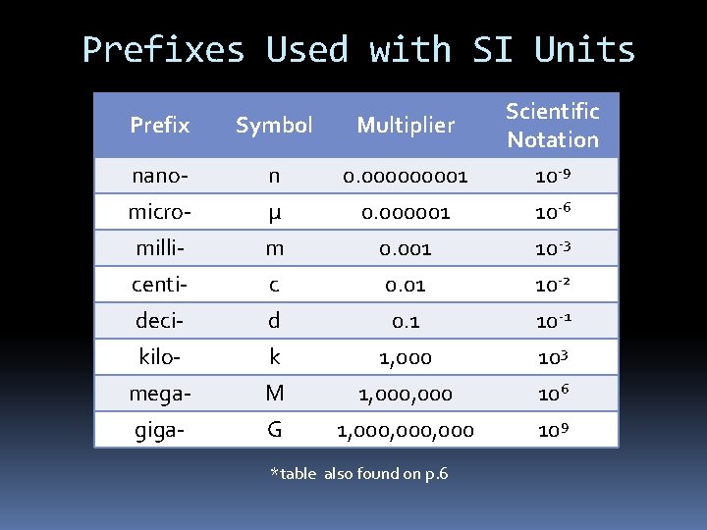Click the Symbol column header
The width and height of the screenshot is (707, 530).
[274, 125]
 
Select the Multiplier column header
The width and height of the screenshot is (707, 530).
[406, 125]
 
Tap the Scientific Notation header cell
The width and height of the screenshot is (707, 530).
[552, 125]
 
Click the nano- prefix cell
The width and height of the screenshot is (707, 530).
[160, 176]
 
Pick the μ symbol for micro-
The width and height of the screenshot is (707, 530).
[274, 212]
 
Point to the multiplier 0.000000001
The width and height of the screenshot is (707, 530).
[406, 177]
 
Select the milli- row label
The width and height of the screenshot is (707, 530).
[160, 248]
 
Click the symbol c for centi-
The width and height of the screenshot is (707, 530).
[274, 285]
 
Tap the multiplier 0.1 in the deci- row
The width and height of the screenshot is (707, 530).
[406, 321]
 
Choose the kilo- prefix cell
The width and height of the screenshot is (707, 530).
[160, 357]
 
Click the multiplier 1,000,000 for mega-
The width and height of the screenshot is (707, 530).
[406, 394]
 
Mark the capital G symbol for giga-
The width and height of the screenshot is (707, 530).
[274, 430]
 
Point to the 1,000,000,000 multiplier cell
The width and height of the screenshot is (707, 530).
[406, 430]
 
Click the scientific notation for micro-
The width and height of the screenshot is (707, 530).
[552, 212]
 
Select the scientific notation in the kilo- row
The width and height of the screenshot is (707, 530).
[552, 357]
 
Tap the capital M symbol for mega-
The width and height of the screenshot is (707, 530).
[274, 394]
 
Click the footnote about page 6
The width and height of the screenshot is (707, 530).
[358, 474]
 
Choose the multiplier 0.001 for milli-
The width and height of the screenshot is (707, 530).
[406, 248]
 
